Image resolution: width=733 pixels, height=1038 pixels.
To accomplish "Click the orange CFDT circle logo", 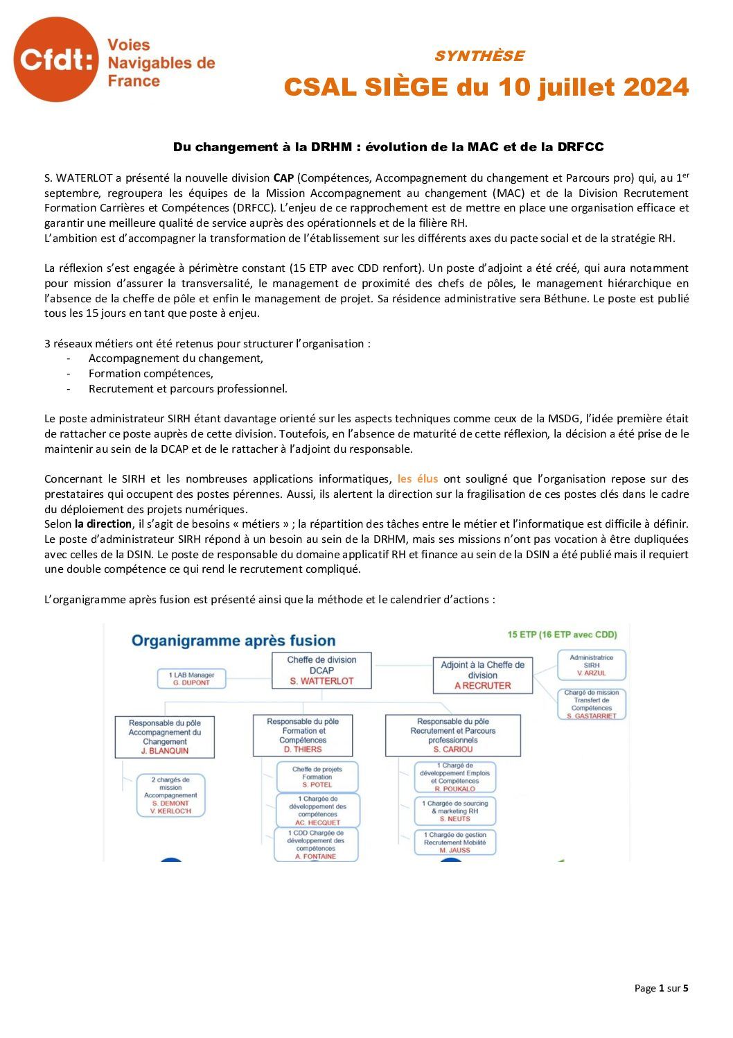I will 56,60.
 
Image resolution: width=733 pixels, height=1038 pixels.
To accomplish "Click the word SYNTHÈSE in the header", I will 479,56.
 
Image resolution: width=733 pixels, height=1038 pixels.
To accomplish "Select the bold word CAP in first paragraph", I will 283,178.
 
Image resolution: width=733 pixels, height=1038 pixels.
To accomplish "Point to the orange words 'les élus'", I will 418,479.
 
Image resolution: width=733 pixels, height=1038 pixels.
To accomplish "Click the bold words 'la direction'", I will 103,524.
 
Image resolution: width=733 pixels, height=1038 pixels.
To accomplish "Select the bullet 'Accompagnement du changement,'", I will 176,358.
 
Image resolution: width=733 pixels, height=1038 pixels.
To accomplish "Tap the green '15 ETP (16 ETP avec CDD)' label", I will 562,634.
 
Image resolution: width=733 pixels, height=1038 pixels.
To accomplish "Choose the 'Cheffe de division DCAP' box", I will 321,671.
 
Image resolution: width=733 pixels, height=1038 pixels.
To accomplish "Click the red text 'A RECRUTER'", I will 483,686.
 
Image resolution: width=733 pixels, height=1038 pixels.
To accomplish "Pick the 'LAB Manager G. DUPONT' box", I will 191,679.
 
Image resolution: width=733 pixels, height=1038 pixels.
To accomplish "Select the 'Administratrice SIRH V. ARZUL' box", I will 592,665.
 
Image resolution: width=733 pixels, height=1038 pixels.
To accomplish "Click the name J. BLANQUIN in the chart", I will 165,751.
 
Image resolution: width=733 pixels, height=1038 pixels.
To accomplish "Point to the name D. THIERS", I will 303,750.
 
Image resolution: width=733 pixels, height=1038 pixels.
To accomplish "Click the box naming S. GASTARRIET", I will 592,704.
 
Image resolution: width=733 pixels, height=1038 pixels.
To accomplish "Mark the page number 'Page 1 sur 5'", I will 661,989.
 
